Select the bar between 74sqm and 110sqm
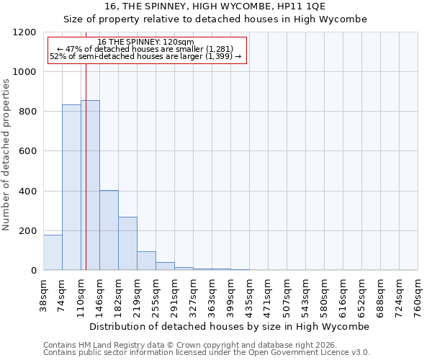click(x=71, y=187)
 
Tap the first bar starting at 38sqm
click(x=53, y=252)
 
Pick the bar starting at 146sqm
click(x=109, y=230)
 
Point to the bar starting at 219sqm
click(x=146, y=261)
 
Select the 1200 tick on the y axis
click(x=25, y=32)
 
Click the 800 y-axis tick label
click(x=28, y=112)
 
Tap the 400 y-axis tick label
click(x=28, y=192)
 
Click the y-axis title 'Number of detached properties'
click(x=6, y=156)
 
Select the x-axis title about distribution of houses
click(x=230, y=326)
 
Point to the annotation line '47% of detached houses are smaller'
click(x=146, y=48)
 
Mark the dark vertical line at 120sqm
click(x=86, y=166)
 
